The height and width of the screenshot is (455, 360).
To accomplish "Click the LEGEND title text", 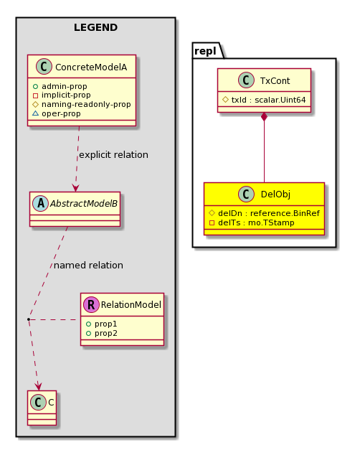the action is click(x=95, y=27).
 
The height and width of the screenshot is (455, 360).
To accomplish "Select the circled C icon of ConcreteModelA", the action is click(x=44, y=67).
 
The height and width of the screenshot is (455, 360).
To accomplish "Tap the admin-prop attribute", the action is click(x=64, y=86).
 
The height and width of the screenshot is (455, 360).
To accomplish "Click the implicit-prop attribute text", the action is click(x=66, y=95).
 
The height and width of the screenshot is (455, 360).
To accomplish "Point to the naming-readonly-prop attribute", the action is click(x=86, y=105).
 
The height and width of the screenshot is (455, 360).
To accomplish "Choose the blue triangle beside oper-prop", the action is click(x=35, y=113).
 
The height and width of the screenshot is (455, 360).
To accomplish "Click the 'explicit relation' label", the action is click(x=113, y=155).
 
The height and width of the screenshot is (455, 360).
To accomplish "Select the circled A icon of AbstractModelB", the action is click(x=41, y=203).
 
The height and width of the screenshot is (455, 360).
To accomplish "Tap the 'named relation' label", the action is click(x=88, y=266).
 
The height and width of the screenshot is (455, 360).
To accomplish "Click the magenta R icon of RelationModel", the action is click(x=91, y=304).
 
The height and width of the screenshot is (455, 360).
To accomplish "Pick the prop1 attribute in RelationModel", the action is click(x=106, y=324).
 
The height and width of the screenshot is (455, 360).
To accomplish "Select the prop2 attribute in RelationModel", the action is click(x=106, y=333).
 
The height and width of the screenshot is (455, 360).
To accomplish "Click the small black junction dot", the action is click(x=29, y=319).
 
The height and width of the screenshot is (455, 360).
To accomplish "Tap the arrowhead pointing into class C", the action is click(x=38, y=386).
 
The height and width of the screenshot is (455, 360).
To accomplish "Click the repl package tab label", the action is click(x=205, y=51).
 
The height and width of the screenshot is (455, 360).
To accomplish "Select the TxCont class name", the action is click(x=275, y=80).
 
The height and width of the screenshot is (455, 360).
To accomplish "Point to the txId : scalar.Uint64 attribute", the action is click(x=268, y=100).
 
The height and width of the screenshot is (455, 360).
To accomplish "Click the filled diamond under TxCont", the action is click(x=264, y=117).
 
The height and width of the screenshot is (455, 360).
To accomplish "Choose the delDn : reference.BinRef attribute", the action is click(x=269, y=213).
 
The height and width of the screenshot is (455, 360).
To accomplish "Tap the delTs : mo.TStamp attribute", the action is click(x=256, y=222).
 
